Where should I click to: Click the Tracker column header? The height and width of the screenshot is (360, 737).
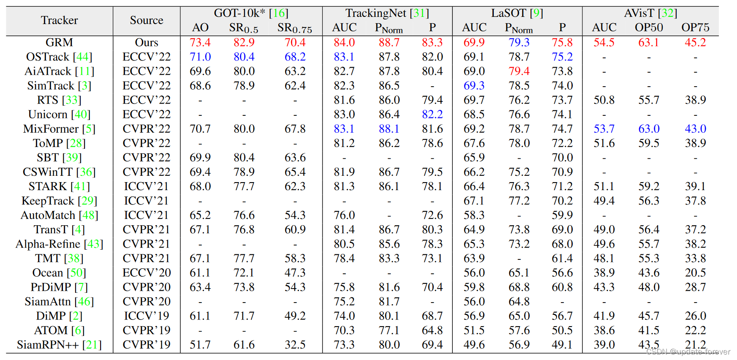click(x=59, y=20)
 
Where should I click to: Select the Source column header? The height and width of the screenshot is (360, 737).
click(x=146, y=20)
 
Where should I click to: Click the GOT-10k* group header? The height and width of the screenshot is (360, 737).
click(x=251, y=13)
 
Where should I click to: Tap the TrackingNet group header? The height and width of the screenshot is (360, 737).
click(x=387, y=13)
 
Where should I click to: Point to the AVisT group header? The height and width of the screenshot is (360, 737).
click(x=650, y=13)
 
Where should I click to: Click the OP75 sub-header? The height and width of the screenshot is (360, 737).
click(x=695, y=28)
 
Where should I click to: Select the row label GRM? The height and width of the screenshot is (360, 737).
click(x=59, y=43)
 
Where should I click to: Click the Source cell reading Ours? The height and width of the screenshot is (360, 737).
click(x=146, y=43)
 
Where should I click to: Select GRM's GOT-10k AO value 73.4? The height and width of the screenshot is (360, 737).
click(x=200, y=43)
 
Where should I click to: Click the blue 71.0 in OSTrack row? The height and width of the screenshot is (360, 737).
click(x=200, y=57)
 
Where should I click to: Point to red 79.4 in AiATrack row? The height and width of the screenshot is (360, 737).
click(x=519, y=71)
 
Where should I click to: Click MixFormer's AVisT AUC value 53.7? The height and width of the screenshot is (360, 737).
click(x=604, y=129)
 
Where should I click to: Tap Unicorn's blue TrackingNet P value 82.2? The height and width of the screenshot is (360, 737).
click(x=432, y=115)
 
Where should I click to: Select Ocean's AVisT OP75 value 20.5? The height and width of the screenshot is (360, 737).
click(x=695, y=273)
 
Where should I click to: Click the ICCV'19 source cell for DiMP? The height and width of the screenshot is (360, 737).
click(x=146, y=316)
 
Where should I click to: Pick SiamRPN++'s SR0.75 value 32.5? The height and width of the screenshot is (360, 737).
click(x=295, y=345)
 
